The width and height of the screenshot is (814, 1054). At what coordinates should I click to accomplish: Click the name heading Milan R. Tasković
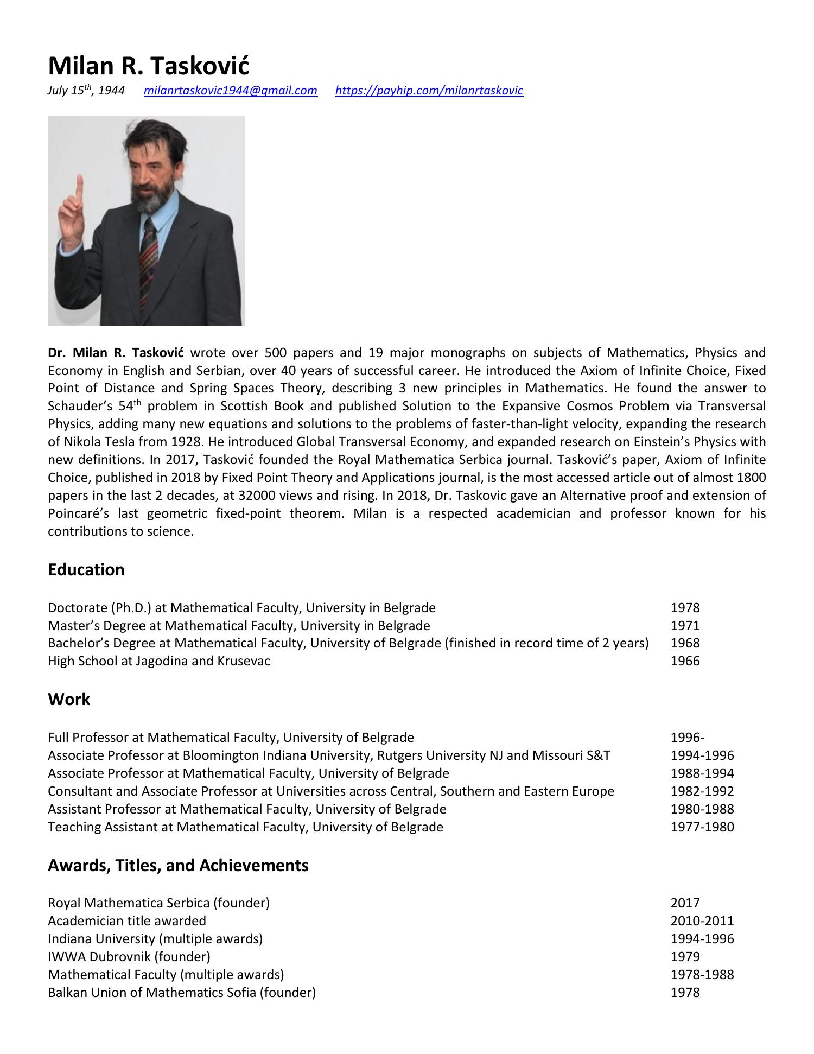point(148,66)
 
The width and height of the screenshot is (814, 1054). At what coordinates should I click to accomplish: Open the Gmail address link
point(230,91)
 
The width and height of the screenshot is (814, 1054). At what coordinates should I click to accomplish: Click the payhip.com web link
point(429,91)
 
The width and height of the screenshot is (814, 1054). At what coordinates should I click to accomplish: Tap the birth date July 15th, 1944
point(86,91)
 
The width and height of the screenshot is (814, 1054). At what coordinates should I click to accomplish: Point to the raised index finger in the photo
point(80,187)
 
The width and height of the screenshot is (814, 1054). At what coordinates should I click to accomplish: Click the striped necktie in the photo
point(149,255)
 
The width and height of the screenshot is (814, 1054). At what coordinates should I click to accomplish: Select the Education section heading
point(86,569)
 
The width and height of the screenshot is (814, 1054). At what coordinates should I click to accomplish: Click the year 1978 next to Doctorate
point(685,608)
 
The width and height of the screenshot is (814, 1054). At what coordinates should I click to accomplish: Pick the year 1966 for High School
point(685,661)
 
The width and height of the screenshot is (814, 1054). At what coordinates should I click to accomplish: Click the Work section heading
point(69,699)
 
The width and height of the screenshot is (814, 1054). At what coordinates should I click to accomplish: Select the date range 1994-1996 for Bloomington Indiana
point(702,755)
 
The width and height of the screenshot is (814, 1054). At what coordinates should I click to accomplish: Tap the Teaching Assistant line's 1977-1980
point(702,827)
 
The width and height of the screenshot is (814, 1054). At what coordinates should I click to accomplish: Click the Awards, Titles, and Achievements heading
point(178,865)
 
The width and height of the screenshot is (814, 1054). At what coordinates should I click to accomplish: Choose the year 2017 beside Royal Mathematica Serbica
point(685,903)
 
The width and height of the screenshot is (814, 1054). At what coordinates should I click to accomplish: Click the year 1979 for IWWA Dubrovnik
point(685,956)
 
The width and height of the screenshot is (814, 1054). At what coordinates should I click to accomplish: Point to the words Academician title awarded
point(127,921)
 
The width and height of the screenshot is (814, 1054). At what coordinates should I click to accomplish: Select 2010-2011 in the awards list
point(702,921)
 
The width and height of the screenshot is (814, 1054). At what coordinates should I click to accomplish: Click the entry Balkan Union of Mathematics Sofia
point(181,993)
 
